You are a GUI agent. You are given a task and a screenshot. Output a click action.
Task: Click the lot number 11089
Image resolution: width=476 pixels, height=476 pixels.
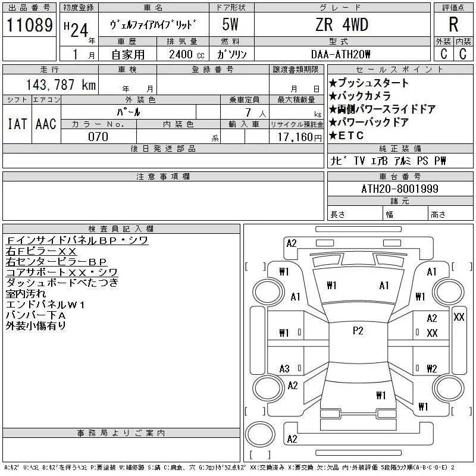point(29,26)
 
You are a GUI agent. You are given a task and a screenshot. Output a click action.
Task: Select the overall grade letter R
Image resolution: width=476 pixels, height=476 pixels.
point(453,25)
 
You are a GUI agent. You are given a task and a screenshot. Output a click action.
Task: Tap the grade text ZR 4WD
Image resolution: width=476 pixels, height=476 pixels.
point(342,25)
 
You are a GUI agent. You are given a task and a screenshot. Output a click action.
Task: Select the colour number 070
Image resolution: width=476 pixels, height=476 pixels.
point(98,137)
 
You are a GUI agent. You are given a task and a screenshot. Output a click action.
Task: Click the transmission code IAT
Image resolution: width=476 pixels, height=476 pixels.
point(17,124)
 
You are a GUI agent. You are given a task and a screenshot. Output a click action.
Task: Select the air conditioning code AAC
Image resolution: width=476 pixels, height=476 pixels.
point(46,124)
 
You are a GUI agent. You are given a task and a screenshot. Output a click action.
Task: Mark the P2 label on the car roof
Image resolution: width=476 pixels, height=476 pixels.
point(358,331)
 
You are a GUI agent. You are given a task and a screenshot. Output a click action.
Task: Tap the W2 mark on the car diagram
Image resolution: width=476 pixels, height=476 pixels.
point(432,368)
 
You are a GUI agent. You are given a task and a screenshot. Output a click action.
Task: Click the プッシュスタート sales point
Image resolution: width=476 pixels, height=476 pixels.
point(369,83)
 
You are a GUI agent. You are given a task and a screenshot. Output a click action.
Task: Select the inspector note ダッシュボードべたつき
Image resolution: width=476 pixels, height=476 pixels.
point(62,283)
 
